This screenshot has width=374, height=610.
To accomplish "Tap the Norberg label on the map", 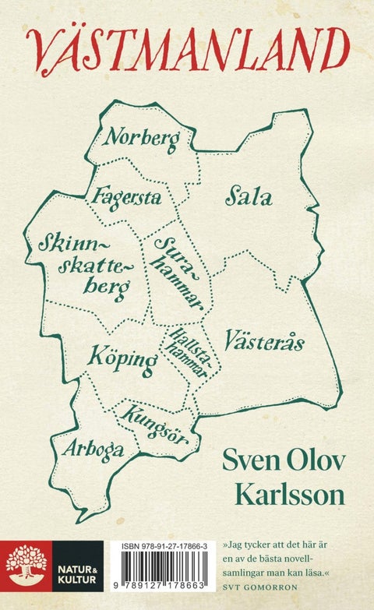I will [143, 139].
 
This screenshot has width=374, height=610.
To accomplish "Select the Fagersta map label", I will [126, 196].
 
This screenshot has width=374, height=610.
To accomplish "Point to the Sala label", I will [249, 197].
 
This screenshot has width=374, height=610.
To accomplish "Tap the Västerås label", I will [264, 340].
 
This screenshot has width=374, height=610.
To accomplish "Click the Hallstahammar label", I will [187, 352].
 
